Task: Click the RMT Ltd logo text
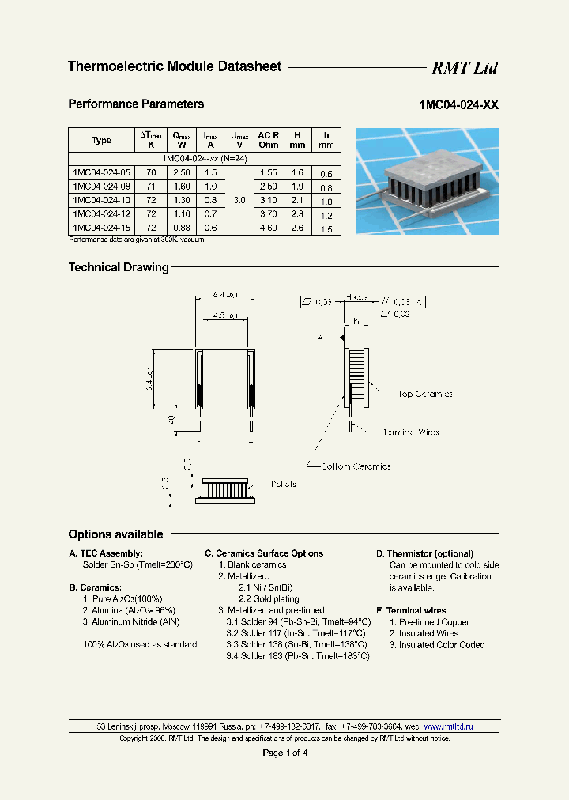pyautogui.click(x=464, y=68)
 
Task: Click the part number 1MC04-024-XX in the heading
pyautogui.click(x=458, y=104)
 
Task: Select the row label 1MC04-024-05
pyautogui.click(x=101, y=172)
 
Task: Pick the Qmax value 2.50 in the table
pyautogui.click(x=181, y=172)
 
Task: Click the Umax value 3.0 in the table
pyautogui.click(x=239, y=201)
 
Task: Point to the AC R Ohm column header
pyautogui.click(x=268, y=140)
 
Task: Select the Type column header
pyautogui.click(x=101, y=140)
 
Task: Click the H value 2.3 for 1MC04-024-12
pyautogui.click(x=296, y=214)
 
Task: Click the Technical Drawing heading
pyautogui.click(x=119, y=267)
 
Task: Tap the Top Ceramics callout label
pyautogui.click(x=424, y=394)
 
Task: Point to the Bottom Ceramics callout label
pyautogui.click(x=355, y=466)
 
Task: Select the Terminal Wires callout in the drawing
pyautogui.click(x=410, y=432)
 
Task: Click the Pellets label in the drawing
pyautogui.click(x=283, y=484)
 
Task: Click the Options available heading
pyautogui.click(x=115, y=534)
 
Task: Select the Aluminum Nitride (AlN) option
pyautogui.click(x=130, y=622)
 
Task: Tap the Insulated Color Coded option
pyautogui.click(x=436, y=645)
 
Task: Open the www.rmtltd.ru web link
pyautogui.click(x=448, y=726)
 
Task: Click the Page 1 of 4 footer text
pyautogui.click(x=284, y=753)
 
